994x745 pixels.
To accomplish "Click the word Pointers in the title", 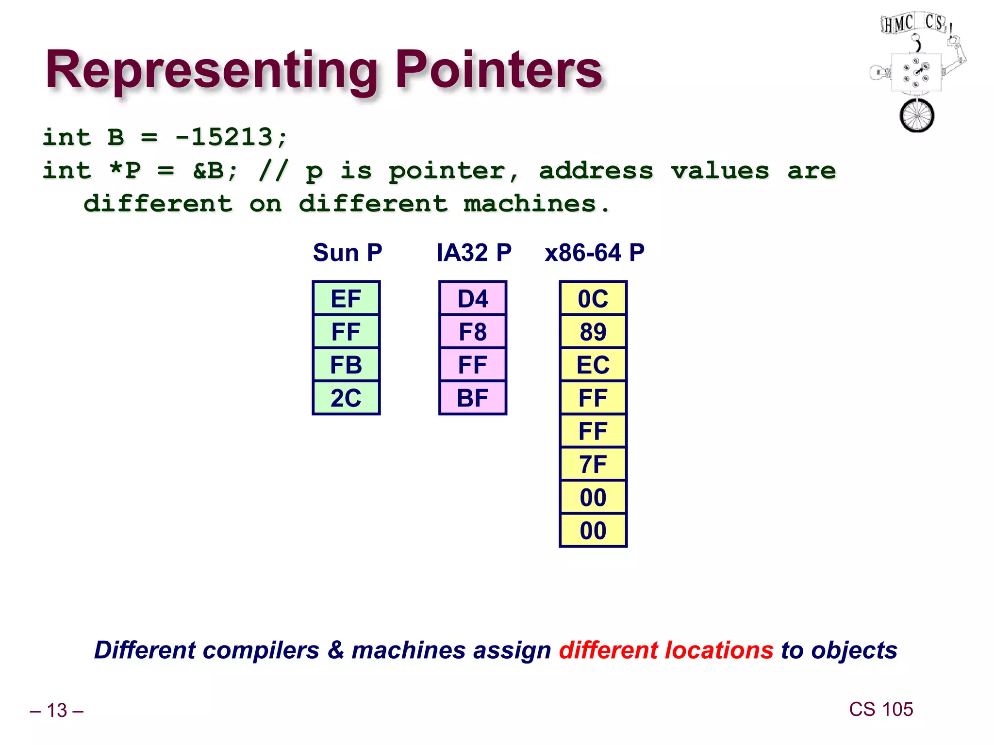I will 498,70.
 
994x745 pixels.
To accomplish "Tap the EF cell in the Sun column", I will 346,298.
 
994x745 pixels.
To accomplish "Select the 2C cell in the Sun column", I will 346,398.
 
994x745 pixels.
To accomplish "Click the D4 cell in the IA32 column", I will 472,298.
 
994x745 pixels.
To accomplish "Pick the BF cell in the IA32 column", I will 472,398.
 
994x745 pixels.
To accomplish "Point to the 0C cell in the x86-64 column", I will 593,298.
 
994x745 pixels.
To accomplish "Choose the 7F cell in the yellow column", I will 593,464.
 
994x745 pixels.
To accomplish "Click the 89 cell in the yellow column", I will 593,332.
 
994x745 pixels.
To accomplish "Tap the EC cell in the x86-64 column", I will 593,365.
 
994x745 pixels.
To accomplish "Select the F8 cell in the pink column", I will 472,332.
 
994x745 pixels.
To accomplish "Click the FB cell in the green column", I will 346,365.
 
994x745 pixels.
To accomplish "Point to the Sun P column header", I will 348,253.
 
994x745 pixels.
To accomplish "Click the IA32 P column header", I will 474,253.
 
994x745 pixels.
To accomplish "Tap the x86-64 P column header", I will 594,253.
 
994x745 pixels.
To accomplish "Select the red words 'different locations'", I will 665,650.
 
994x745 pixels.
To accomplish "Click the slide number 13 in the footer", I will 57,711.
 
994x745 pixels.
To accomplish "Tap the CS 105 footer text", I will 880,709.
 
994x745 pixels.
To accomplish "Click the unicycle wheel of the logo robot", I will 916,116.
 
